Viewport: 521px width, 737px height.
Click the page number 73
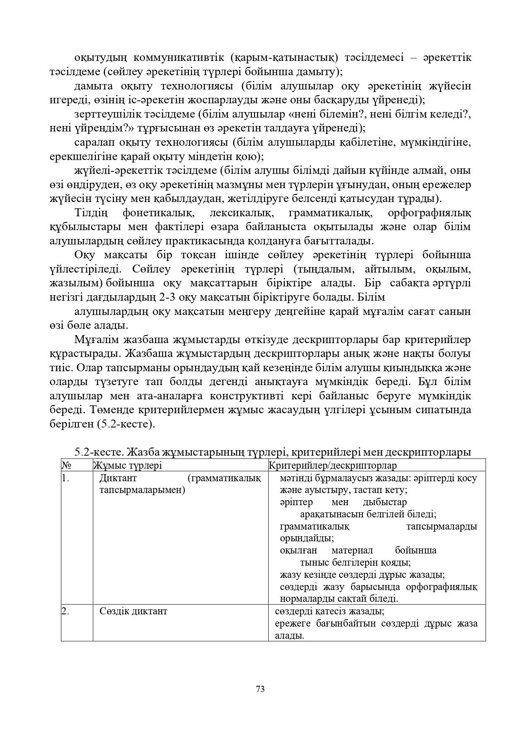(x=260, y=689)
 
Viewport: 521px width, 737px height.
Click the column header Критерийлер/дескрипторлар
(x=332, y=465)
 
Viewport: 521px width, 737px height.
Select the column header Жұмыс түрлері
(x=127, y=465)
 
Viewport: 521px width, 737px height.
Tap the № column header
(x=66, y=465)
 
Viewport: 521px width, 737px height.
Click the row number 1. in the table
(x=65, y=478)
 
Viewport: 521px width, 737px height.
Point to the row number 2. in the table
(x=65, y=611)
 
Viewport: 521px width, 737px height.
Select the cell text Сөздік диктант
(x=133, y=611)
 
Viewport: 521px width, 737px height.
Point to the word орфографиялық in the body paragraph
(x=429, y=213)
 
